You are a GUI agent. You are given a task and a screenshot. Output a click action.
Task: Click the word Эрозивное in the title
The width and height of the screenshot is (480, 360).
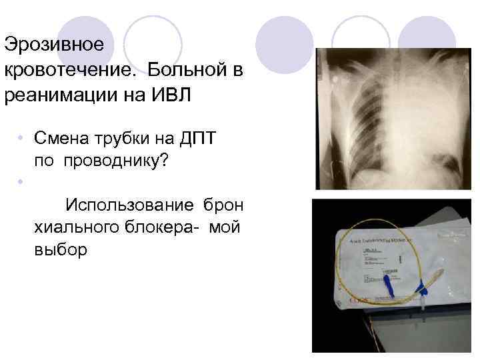tap(54, 45)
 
